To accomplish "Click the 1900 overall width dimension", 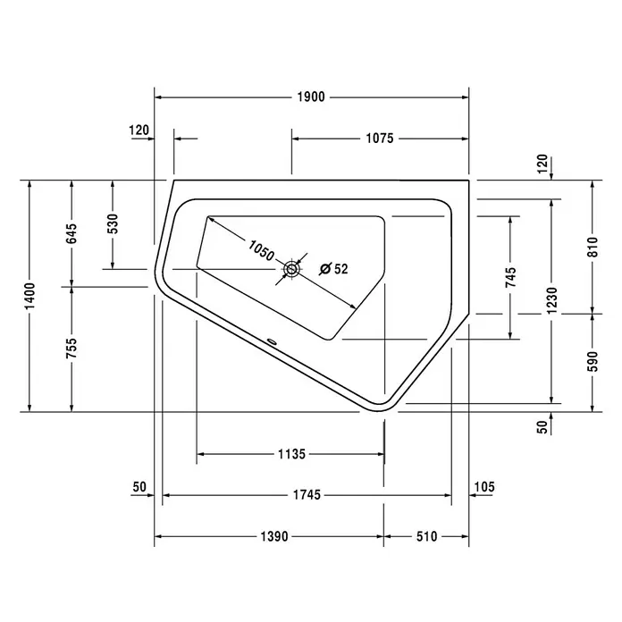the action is (x=311, y=97).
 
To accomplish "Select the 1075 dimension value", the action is (x=380, y=139).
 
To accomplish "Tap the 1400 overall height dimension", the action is (x=29, y=296).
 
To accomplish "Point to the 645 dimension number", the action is (x=71, y=234).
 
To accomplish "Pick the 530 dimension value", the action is (x=113, y=223).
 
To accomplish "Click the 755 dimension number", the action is (x=71, y=349).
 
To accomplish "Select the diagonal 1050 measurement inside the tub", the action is (x=261, y=250).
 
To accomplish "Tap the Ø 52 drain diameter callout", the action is (x=333, y=269).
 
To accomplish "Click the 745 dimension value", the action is (x=511, y=277).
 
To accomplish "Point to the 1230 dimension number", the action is (x=551, y=300).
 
